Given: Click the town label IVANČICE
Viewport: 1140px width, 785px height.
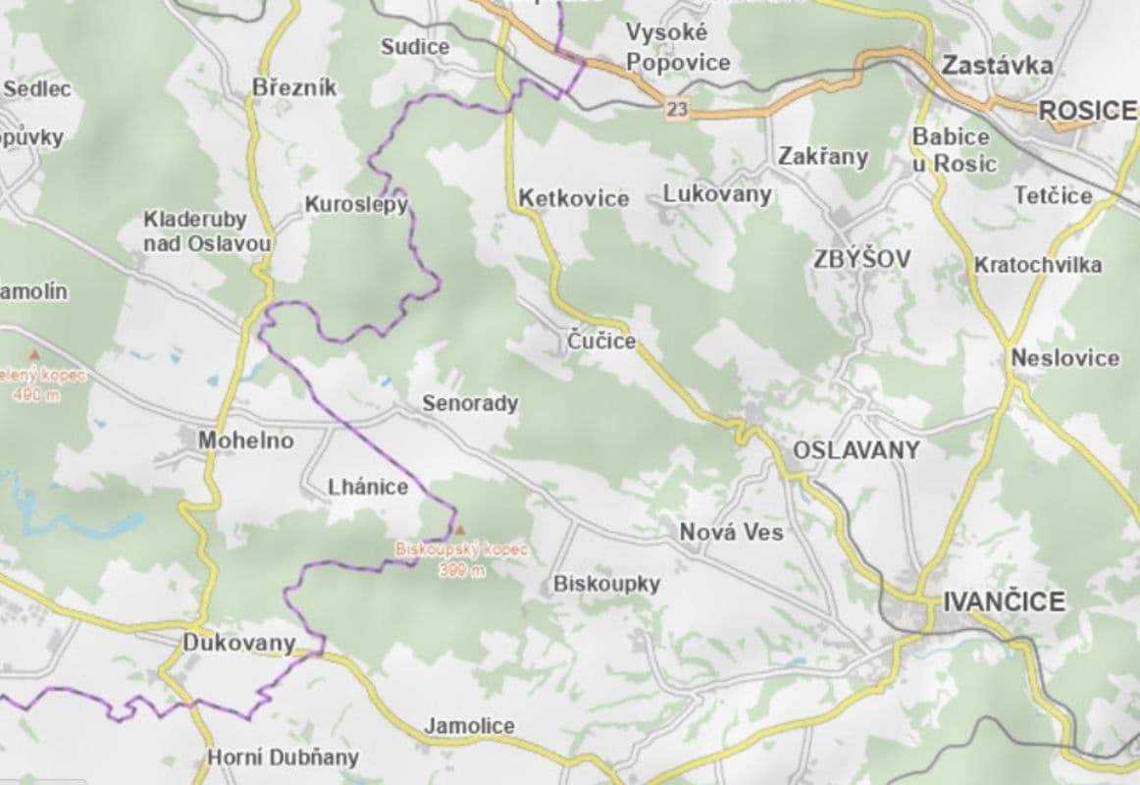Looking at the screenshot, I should click(x=1004, y=602).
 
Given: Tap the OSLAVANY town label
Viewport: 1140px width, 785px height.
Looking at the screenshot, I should click(x=855, y=450).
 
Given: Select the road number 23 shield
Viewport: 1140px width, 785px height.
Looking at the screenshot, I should click(x=676, y=109).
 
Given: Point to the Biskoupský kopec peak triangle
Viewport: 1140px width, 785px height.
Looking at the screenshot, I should click(x=461, y=530).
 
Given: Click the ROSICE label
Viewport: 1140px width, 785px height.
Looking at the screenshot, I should click(x=1087, y=111).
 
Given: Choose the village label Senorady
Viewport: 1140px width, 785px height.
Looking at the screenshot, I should click(x=470, y=403).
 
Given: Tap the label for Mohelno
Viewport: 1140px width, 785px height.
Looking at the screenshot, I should click(x=246, y=441).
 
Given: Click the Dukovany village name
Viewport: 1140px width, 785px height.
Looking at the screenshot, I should click(x=238, y=644).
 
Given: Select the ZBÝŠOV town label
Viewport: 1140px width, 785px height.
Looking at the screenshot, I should click(x=861, y=259).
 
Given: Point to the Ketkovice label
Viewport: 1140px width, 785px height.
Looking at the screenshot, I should click(x=574, y=198).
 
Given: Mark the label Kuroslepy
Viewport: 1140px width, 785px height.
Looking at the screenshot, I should click(x=356, y=205).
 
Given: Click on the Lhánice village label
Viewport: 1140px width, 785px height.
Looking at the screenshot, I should click(x=368, y=487).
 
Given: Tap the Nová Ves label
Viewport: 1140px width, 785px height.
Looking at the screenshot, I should click(x=732, y=532).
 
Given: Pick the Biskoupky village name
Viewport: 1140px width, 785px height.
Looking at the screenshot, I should click(x=606, y=584).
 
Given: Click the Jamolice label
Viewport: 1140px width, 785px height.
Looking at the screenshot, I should click(x=469, y=726).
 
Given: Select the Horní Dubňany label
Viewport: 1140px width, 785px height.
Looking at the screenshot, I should click(x=283, y=758).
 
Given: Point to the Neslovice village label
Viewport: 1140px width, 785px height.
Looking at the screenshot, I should click(x=1065, y=358).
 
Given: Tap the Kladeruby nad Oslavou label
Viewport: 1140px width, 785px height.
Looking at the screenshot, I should click(x=207, y=231).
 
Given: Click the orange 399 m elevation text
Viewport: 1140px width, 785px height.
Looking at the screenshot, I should click(x=462, y=572).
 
